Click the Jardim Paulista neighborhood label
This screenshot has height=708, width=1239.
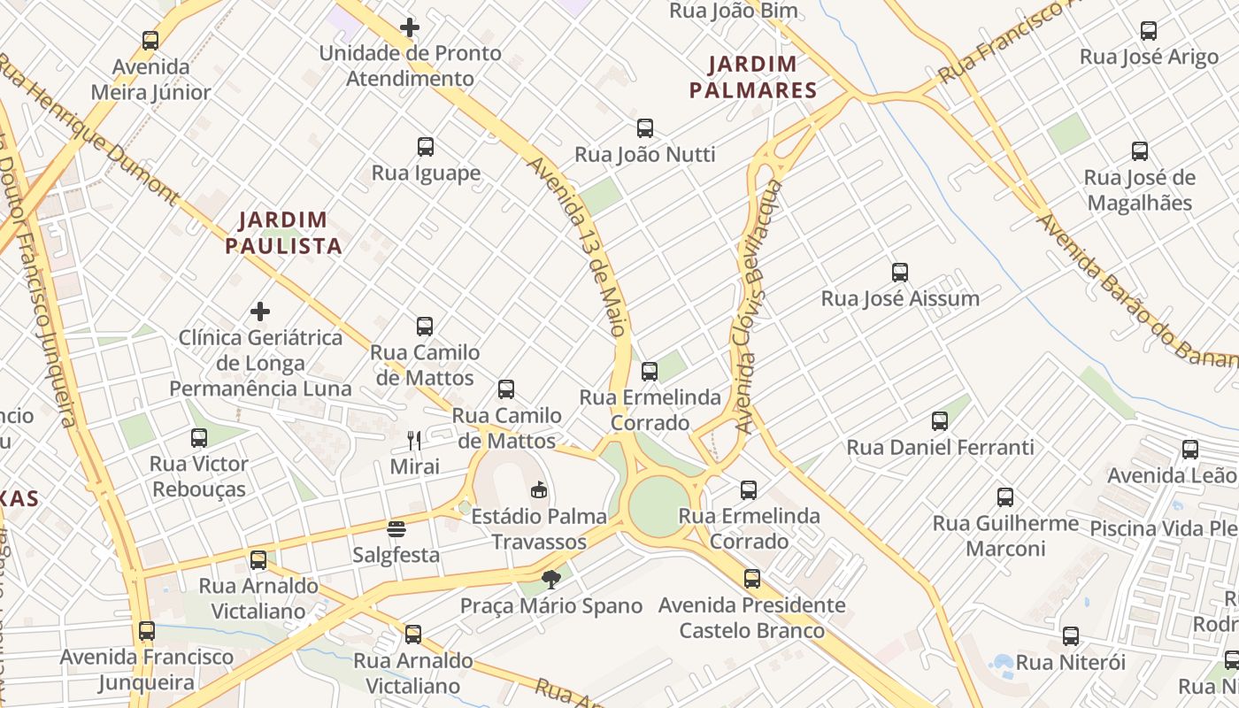point(283,233)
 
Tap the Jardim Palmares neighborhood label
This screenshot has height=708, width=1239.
point(753,77)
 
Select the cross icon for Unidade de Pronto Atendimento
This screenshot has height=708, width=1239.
point(410,27)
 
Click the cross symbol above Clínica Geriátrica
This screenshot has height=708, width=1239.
point(260,312)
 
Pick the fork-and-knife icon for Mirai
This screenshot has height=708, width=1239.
point(414,440)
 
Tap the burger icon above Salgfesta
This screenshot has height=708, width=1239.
point(396,529)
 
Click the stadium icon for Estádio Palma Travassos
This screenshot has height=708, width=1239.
point(538,489)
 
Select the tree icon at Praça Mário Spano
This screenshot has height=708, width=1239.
point(551,580)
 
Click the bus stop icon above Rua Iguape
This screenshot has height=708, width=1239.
point(426,147)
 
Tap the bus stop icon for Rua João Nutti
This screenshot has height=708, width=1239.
point(645,128)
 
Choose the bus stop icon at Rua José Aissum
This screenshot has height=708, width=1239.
point(900,273)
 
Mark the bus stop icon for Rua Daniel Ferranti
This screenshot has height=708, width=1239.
point(940,421)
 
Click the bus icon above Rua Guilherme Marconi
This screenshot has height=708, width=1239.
point(1005,497)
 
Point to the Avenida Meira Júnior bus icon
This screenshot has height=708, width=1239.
point(150,41)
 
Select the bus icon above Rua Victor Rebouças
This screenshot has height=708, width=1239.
point(199,438)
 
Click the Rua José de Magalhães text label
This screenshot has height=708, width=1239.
point(1140,190)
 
